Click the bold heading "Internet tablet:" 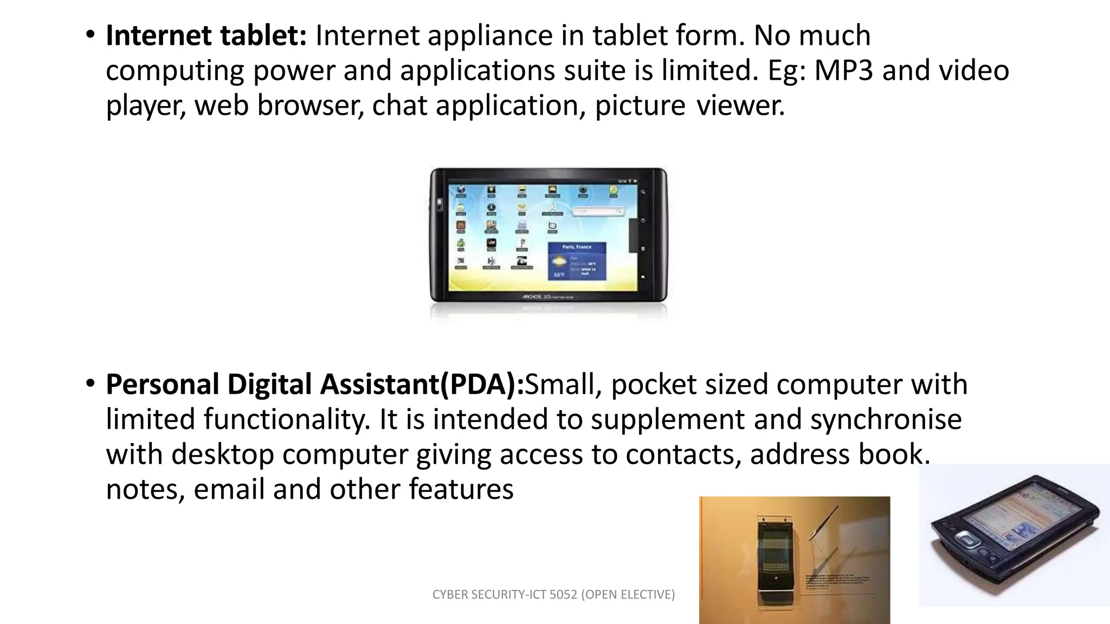[206, 36]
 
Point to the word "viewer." [740, 106]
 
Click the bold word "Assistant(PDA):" [422, 385]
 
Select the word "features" [461, 490]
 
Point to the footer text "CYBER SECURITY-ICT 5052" [505, 595]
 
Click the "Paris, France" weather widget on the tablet [577, 262]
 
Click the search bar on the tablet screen [598, 211]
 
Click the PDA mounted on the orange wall [775, 561]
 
